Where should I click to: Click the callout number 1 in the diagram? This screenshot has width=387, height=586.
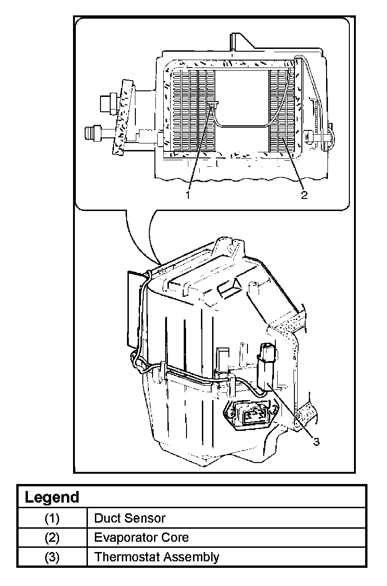point(188,195)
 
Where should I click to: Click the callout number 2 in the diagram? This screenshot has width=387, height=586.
point(304,195)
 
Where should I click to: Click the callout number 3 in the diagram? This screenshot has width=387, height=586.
point(316,442)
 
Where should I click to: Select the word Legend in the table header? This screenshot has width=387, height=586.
point(52,497)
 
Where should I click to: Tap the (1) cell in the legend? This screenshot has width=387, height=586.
point(52,518)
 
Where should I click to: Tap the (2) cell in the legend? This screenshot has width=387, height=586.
point(52,538)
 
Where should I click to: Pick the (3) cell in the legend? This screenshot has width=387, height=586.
point(52,557)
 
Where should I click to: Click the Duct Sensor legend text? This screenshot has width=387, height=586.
point(130,518)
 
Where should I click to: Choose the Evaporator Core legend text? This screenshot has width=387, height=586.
point(141,538)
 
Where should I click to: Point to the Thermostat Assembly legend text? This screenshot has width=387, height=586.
point(157,557)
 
